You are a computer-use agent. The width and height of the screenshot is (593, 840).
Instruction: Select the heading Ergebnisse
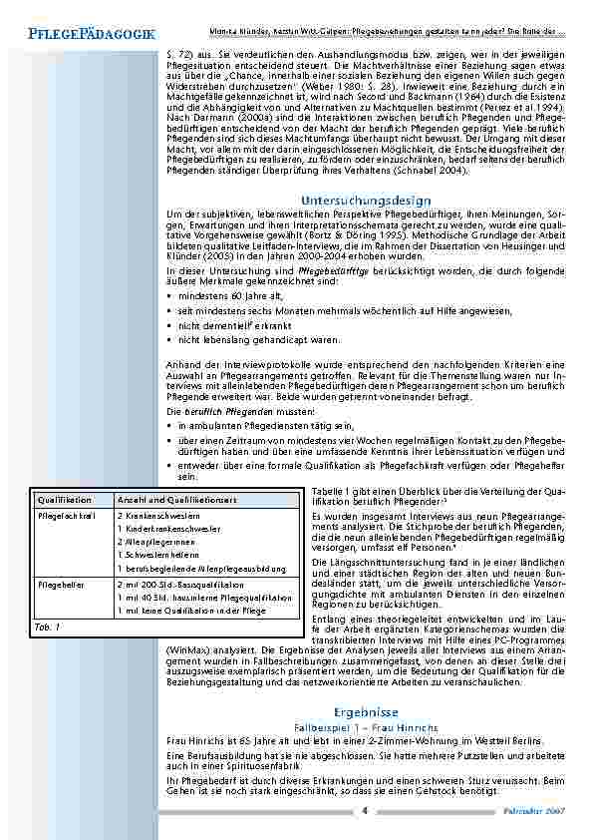367,712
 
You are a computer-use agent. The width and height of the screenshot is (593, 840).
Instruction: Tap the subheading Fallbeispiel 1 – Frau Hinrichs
367,728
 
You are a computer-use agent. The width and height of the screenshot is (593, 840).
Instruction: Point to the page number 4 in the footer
365,810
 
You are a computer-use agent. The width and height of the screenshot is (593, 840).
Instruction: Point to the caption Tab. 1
48,627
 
